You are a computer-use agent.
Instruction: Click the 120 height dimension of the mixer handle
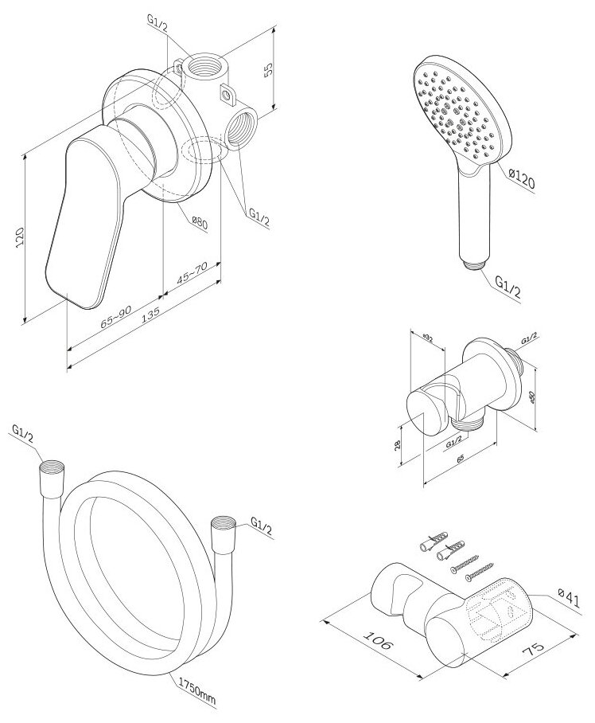[21, 236]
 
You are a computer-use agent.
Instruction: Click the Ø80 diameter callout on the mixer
[198, 223]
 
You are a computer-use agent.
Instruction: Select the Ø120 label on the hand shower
[518, 179]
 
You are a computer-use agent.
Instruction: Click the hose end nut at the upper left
[49, 475]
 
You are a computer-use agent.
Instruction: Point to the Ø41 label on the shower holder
[566, 592]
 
